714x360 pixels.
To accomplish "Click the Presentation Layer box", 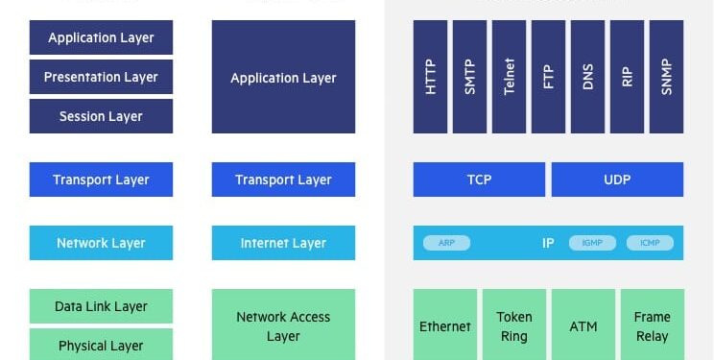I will click(101, 77).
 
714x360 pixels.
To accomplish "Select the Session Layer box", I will click(101, 116).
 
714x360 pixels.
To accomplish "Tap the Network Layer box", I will click(101, 243).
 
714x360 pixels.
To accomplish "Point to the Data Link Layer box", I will click(101, 306).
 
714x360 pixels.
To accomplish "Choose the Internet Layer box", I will click(283, 243).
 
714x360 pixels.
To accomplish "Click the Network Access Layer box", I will click(283, 325).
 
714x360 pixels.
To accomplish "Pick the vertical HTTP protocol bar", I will click(430, 77).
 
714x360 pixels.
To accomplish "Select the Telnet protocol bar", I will click(509, 77).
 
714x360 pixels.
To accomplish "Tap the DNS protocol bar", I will click(587, 77).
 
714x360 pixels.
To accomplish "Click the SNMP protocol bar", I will click(666, 77).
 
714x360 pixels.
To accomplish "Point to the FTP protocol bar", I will click(548, 77).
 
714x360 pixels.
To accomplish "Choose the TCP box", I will click(479, 180).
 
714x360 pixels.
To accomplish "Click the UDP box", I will click(617, 180).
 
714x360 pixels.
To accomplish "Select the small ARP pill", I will click(446, 243).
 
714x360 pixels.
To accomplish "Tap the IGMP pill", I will click(592, 243).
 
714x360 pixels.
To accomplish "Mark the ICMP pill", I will click(650, 243).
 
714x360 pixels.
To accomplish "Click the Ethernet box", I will click(444, 325).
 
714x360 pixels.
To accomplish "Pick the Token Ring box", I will click(513, 325).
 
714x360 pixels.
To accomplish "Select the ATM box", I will click(583, 325).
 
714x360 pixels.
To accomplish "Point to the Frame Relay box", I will click(652, 325).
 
